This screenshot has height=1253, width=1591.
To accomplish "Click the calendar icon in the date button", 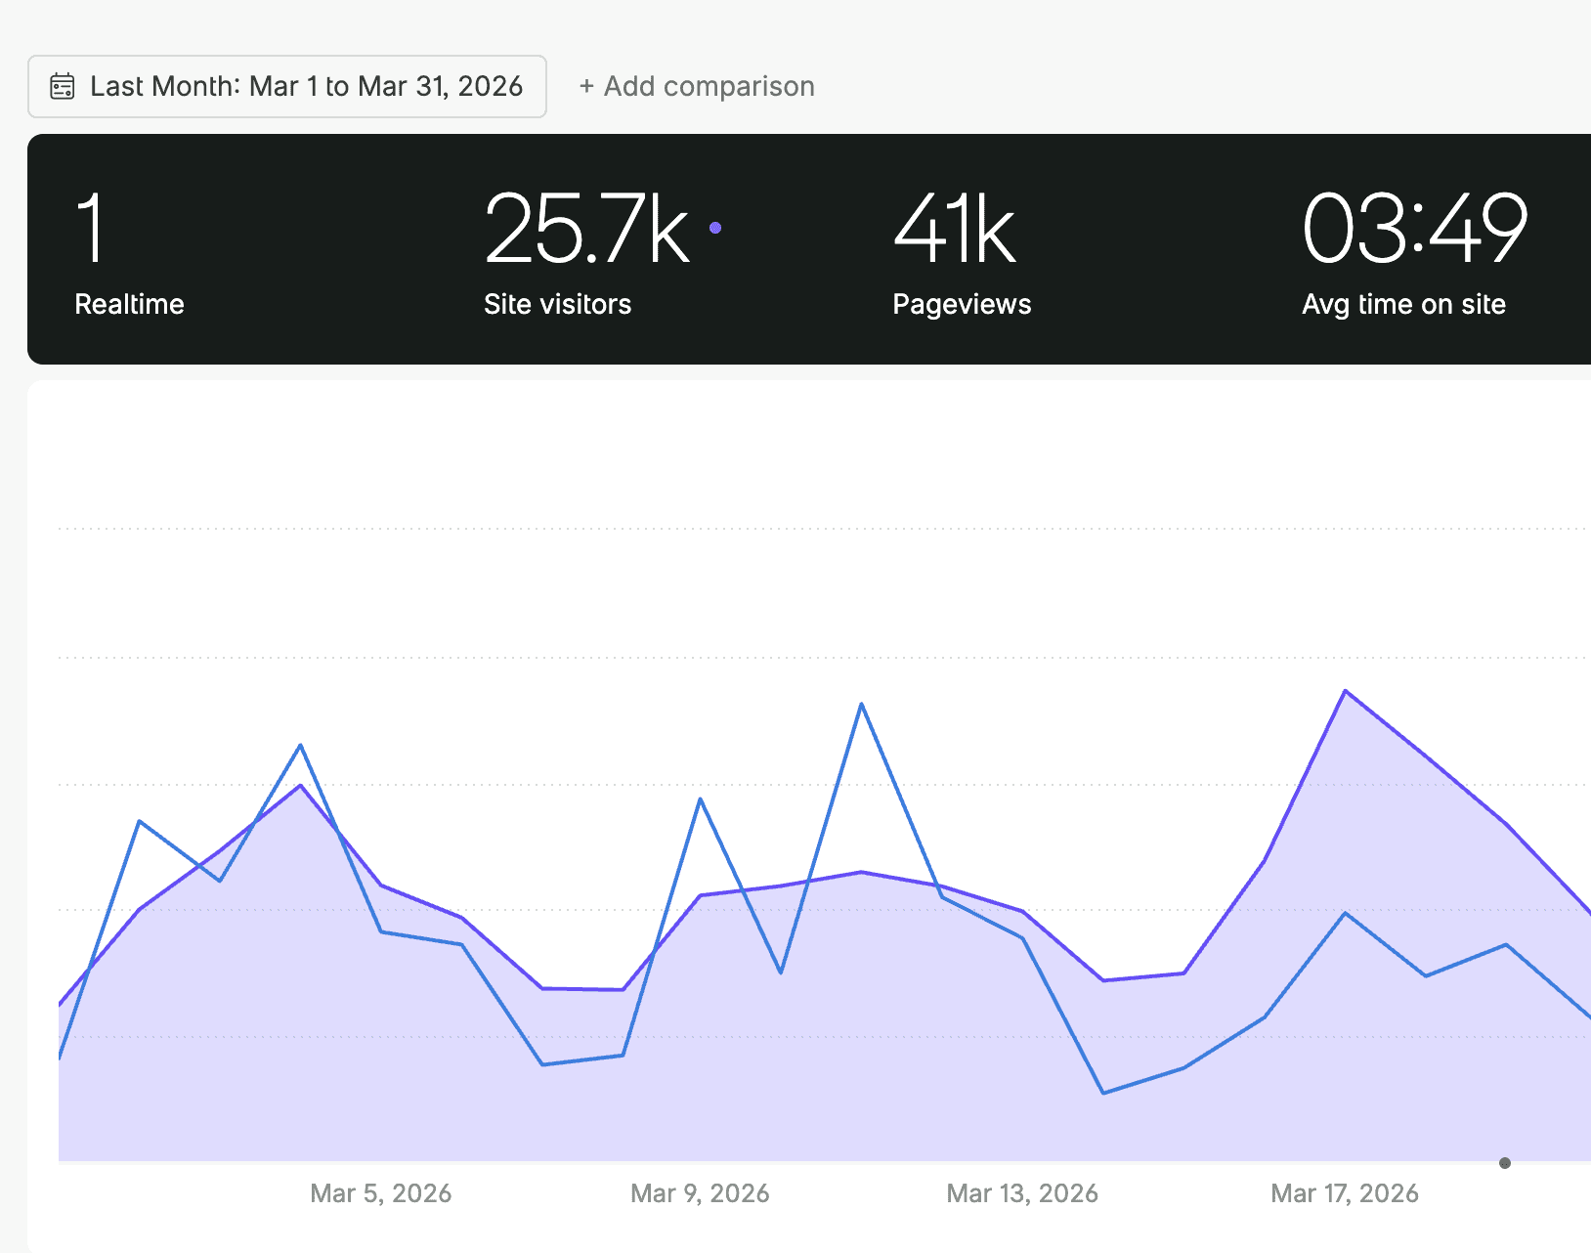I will pos(63,87).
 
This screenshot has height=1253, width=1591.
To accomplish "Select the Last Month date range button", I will pos(286,87).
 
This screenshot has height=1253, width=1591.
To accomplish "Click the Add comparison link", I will pos(697,87).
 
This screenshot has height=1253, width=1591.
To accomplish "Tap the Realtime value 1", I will pos(90,228).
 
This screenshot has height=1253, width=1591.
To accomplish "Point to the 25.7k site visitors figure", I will pos(586,230).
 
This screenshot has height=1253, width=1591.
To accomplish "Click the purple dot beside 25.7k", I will pos(715,228).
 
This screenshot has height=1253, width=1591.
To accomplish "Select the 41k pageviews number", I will pos(955,230).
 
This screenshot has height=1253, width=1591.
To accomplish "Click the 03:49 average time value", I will pos(1414,230).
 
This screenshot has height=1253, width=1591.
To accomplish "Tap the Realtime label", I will pos(129,304).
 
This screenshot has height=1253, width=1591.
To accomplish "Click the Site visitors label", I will pos(557,304).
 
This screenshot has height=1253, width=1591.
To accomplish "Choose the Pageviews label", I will pos(962,304).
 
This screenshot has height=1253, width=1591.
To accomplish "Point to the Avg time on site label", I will pos(1403,304).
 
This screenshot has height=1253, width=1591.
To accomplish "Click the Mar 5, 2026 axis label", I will pos(380,1193).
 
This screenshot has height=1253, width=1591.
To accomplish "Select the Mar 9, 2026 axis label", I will pos(700,1193).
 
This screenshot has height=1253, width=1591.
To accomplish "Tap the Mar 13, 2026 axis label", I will pos(1022,1193).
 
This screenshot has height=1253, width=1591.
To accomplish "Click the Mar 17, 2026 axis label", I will pos(1345,1193).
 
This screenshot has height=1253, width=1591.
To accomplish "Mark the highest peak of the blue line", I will pos(861,704).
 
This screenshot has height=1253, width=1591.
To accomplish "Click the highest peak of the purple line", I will pos(1346,691).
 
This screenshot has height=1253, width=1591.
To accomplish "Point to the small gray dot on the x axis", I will pos(1505,1163).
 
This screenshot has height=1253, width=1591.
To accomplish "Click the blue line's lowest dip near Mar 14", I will pos(1103,1093).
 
